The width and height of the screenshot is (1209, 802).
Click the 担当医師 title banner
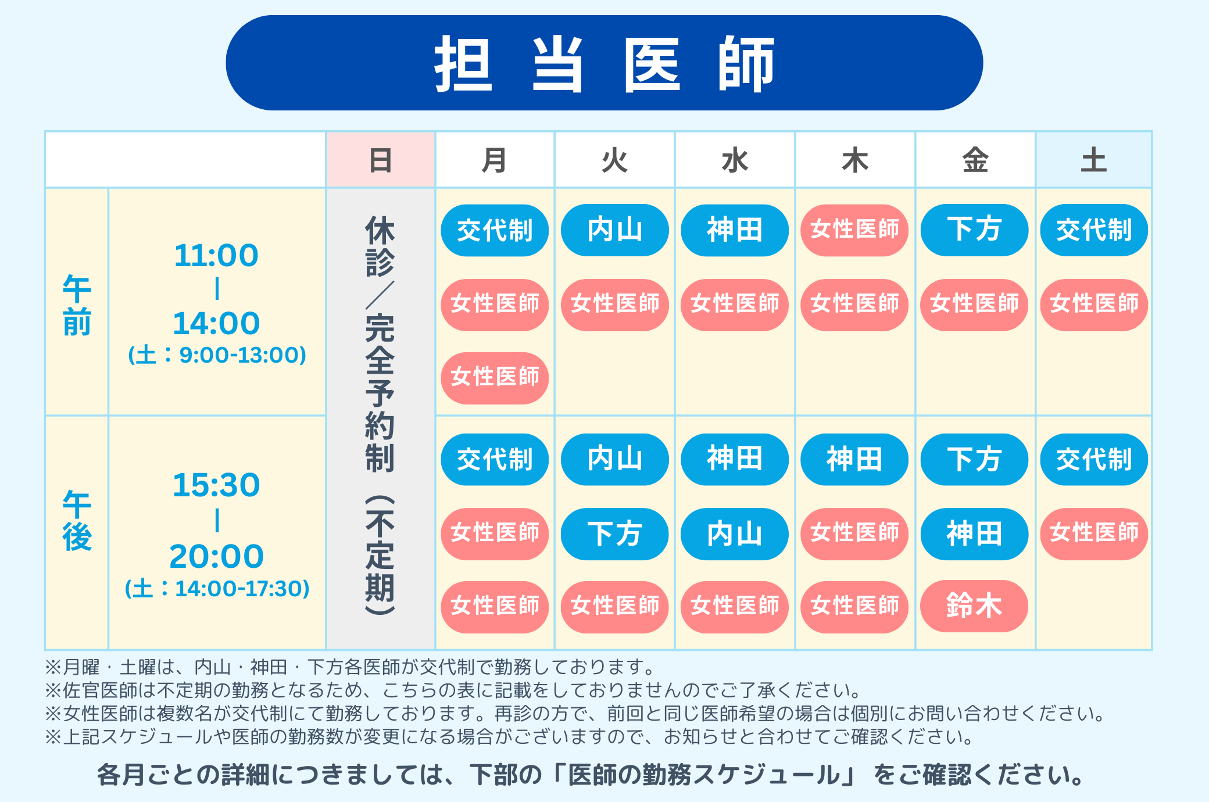(604, 63)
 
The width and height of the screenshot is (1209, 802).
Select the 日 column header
(381, 160)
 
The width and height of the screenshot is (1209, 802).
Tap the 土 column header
(1093, 160)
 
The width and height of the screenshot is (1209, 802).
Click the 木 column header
(854, 160)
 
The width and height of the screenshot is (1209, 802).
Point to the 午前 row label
(77, 305)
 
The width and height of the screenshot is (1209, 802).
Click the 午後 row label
(77, 520)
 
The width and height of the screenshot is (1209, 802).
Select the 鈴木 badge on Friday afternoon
(974, 606)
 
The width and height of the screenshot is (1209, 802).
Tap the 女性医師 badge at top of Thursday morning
(854, 230)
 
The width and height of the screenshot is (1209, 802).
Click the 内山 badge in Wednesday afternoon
(735, 534)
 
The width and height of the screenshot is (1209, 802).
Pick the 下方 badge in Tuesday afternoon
(614, 534)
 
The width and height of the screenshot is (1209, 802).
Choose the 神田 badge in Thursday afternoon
(854, 459)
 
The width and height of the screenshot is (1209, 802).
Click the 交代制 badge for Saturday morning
(1094, 230)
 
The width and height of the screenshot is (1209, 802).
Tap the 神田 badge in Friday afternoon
(974, 534)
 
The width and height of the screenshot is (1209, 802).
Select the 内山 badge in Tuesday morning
(614, 230)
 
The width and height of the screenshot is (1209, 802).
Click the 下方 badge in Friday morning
(974, 230)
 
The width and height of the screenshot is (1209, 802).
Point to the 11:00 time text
(216, 256)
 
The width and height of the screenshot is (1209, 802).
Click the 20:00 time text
(216, 557)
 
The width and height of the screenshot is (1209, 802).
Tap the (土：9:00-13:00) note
(217, 355)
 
